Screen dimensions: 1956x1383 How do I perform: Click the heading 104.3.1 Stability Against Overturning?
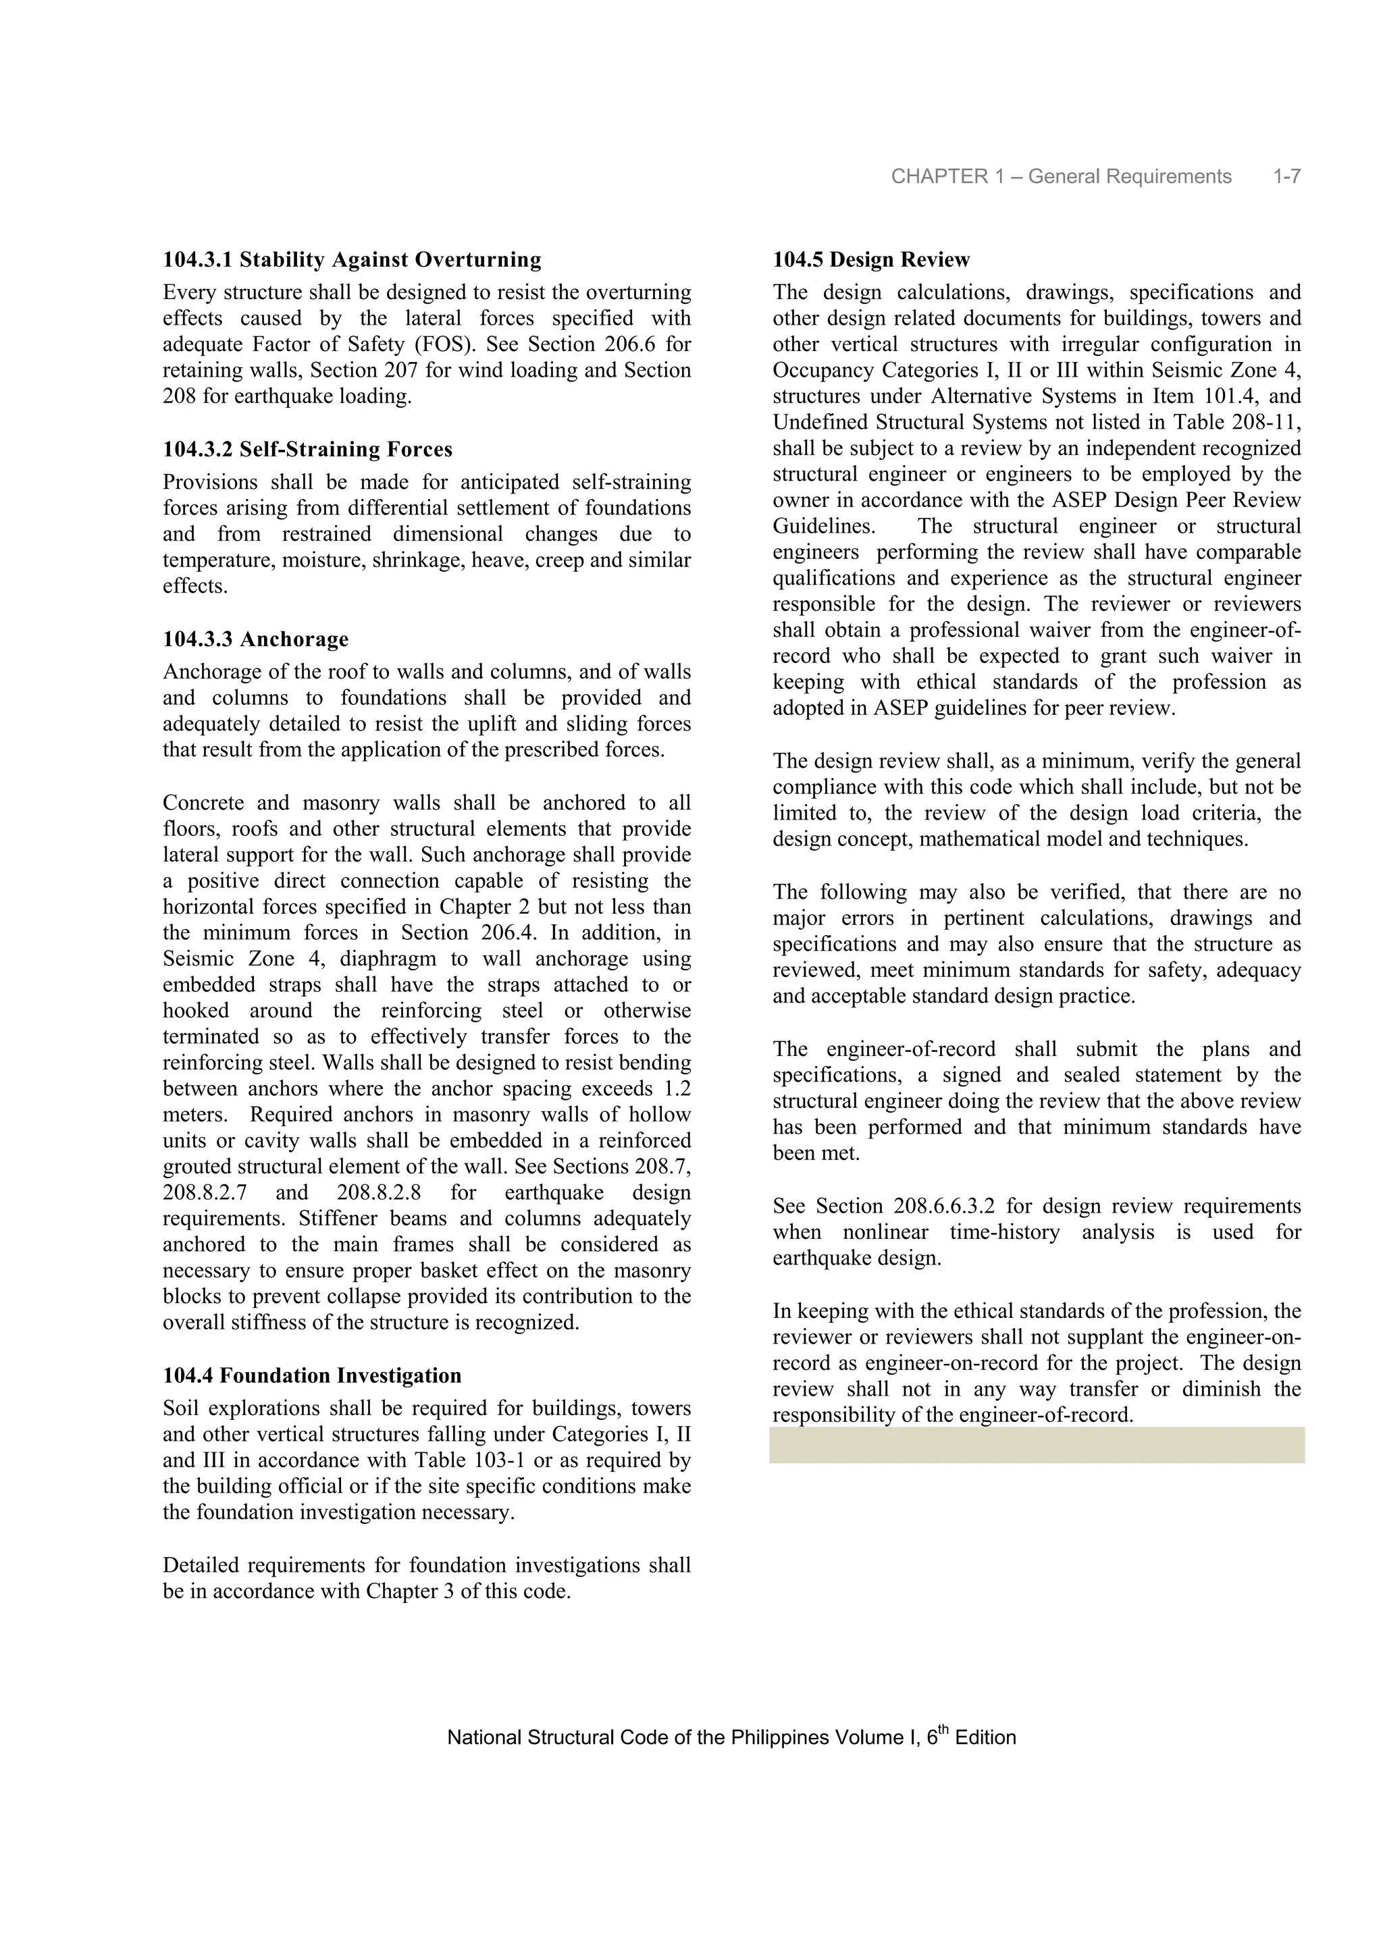pos(352,259)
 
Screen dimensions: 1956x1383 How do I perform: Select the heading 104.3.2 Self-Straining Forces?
pos(308,449)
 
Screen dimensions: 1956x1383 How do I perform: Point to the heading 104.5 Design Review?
pos(871,259)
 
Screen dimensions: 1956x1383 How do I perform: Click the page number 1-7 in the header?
pos(1286,176)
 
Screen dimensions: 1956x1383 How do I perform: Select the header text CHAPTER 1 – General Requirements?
pos(1061,176)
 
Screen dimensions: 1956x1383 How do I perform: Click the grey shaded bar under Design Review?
pos(1036,1446)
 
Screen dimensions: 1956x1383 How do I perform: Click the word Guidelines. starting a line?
pos(823,527)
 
